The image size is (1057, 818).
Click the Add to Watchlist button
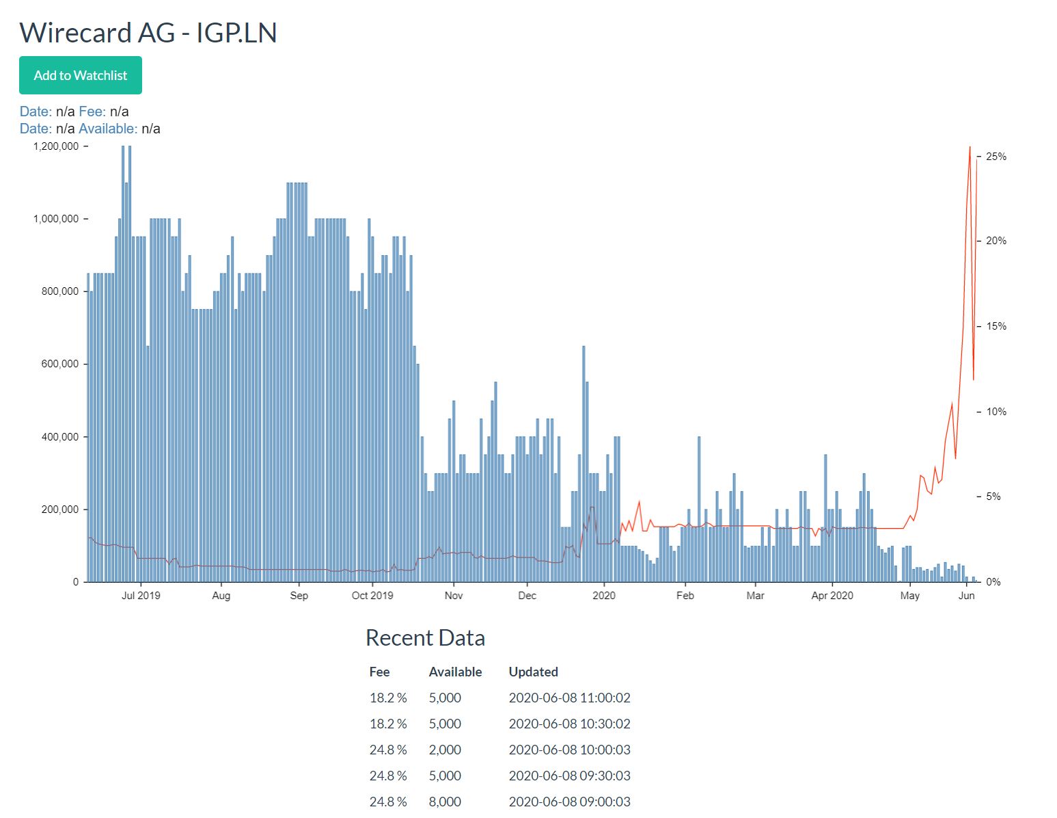(x=81, y=75)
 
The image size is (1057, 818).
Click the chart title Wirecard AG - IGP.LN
(x=148, y=33)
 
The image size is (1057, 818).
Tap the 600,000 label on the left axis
(x=56, y=364)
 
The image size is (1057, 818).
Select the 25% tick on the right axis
(x=996, y=157)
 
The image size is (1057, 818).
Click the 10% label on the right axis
(x=996, y=412)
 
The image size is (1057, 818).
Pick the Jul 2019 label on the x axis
(x=141, y=596)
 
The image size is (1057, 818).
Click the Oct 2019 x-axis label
(x=372, y=596)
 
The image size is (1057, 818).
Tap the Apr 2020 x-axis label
(x=832, y=596)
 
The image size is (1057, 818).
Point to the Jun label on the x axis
(x=966, y=596)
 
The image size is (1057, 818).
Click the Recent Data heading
(x=425, y=637)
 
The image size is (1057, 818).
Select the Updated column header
(x=533, y=672)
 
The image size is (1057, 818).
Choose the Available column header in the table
(x=455, y=672)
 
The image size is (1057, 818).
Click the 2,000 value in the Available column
(x=445, y=750)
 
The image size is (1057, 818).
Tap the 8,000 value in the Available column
(x=445, y=802)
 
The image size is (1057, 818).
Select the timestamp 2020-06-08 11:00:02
(x=569, y=698)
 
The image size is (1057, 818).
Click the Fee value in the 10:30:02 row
(x=388, y=724)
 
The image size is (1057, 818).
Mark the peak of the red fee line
(x=970, y=148)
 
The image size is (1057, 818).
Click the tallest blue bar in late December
(x=584, y=465)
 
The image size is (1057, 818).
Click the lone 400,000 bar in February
(x=699, y=510)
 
